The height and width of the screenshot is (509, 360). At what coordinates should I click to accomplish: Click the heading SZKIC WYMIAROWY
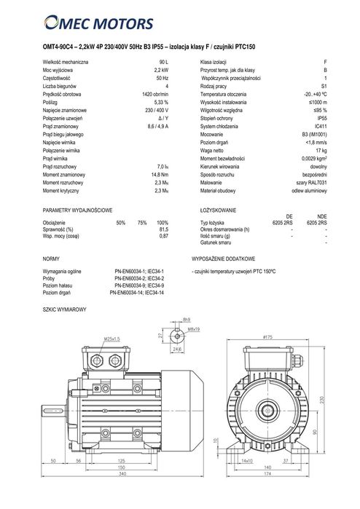[66, 309]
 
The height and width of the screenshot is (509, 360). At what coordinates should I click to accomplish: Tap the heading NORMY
[51, 259]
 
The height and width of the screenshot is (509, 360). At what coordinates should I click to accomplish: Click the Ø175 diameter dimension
[268, 337]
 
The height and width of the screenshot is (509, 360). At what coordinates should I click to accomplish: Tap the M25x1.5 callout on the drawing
[111, 339]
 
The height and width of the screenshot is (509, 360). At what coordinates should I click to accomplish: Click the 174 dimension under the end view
[267, 494]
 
